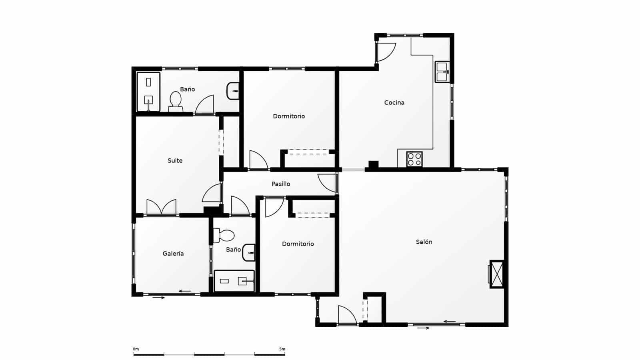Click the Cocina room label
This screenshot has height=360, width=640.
[394, 103]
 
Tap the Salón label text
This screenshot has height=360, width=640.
[424, 242]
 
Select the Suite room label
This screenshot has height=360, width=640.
[175, 161]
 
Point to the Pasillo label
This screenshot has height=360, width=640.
[281, 184]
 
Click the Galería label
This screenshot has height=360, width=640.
[173, 254]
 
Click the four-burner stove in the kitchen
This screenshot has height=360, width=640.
[414, 159]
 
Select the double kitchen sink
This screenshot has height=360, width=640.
[442, 72]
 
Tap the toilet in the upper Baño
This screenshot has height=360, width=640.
[175, 102]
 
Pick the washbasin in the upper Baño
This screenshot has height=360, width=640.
[233, 91]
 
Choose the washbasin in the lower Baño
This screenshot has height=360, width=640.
[249, 252]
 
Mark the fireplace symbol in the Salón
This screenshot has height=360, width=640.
[497, 274]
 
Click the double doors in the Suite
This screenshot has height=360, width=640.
[161, 207]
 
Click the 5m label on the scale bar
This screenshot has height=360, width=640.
[282, 349]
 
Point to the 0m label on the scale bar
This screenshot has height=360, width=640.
[136, 349]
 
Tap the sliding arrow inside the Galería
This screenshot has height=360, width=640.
[185, 291]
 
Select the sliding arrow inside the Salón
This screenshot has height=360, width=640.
[450, 321]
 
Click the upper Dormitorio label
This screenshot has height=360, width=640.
[289, 116]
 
